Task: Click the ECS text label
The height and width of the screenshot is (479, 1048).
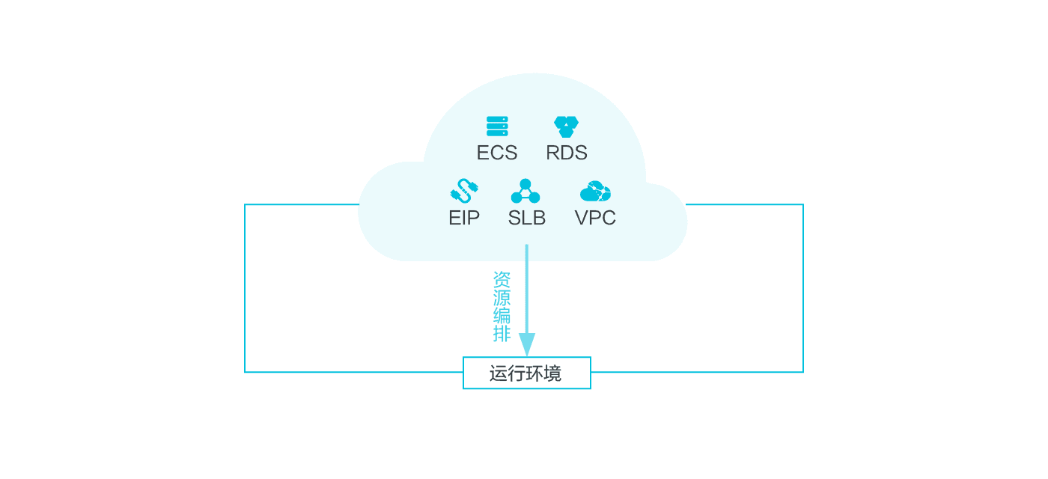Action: click(497, 153)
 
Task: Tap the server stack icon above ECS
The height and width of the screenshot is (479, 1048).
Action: click(497, 126)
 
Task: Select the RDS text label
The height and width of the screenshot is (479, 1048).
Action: click(567, 153)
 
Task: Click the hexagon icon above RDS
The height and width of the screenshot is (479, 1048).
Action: click(566, 126)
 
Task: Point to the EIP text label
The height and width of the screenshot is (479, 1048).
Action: click(464, 218)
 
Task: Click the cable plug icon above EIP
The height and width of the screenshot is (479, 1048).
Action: click(464, 191)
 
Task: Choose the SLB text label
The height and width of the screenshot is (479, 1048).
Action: click(527, 218)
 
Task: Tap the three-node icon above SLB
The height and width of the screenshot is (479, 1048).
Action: click(525, 191)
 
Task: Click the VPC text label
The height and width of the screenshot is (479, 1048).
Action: click(595, 218)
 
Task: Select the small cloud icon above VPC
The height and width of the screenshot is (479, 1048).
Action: click(595, 191)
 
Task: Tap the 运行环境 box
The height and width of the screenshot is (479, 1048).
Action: click(527, 373)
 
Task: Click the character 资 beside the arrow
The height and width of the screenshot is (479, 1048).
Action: click(502, 280)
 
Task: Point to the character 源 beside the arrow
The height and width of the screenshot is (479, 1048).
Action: click(502, 298)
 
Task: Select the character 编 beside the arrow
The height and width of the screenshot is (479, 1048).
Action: click(502, 315)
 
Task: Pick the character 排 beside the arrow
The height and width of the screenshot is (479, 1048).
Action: click(502, 334)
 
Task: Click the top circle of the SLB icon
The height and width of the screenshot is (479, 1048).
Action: click(525, 184)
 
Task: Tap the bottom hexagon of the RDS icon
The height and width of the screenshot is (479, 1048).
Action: click(566, 132)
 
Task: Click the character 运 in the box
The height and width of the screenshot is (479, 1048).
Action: click(499, 373)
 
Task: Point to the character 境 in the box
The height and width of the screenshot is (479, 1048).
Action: click(552, 373)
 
